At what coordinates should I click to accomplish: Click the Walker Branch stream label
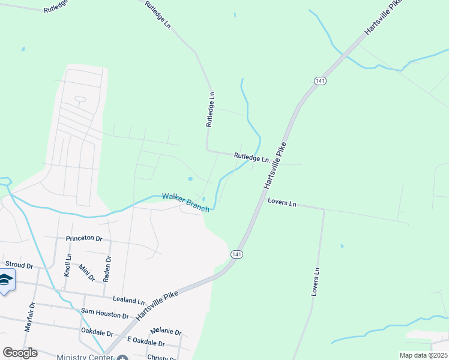pyautogui.click(x=185, y=202)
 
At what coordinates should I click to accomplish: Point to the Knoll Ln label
pyautogui.click(x=68, y=265)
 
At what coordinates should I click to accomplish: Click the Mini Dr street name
pyautogui.click(x=87, y=273)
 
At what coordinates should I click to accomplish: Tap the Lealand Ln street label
pyautogui.click(x=128, y=301)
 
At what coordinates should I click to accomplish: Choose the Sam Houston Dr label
pyautogui.click(x=104, y=313)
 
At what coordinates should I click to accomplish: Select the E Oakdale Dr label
pyautogui.click(x=146, y=343)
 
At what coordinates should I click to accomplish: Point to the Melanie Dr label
pyautogui.click(x=166, y=331)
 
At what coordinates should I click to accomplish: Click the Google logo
pyautogui.click(x=20, y=353)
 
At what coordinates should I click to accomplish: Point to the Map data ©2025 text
pyautogui.click(x=423, y=355)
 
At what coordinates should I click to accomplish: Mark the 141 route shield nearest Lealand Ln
pyautogui.click(x=237, y=255)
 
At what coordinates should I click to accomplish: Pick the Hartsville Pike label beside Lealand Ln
pyautogui.click(x=158, y=305)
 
